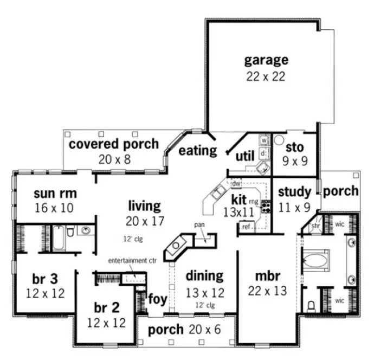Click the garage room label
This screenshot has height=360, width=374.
[x=265, y=60]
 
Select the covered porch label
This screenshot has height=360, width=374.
[x=113, y=144]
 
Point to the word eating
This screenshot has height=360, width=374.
[x=198, y=150]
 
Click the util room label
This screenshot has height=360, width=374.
[x=245, y=156]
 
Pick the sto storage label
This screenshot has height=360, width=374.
[x=294, y=146]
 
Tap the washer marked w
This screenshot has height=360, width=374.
[x=264, y=140]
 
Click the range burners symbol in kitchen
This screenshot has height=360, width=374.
[x=266, y=205]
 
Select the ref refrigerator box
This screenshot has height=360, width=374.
[x=246, y=227]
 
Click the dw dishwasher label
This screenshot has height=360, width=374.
[x=236, y=183]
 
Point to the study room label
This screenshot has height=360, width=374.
[x=294, y=191]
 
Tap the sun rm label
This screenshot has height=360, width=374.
[x=55, y=194]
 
